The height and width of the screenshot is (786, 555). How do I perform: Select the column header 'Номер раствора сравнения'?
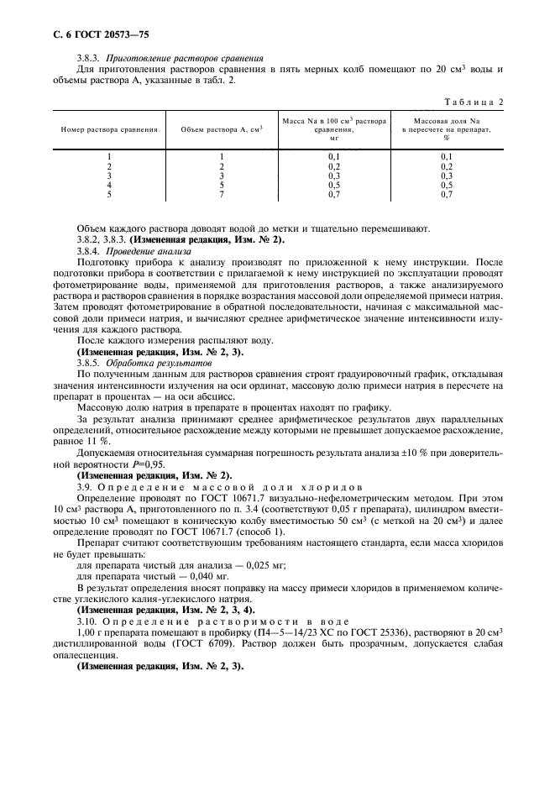(x=109, y=130)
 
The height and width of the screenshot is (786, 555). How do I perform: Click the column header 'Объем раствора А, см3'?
(x=222, y=130)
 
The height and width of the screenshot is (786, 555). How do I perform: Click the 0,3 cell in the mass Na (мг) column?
(x=333, y=176)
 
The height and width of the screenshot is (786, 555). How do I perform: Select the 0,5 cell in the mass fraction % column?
(x=446, y=185)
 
